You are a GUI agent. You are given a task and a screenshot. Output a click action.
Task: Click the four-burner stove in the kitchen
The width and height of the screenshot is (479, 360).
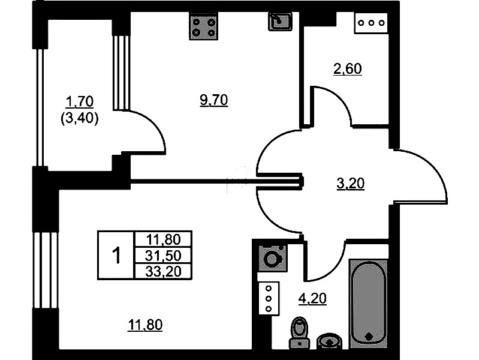(x=204, y=28)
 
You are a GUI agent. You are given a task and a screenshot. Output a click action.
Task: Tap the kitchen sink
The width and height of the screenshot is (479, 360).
(x=280, y=22)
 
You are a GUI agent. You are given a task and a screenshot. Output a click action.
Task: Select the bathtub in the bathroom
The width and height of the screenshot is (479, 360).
(x=369, y=304)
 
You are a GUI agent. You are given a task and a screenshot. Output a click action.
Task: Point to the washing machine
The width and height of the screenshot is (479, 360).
(x=273, y=259)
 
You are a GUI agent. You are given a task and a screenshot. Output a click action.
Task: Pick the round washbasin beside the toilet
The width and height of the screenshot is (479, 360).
(x=329, y=341)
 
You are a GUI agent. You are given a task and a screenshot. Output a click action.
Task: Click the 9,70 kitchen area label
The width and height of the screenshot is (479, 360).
(x=214, y=100)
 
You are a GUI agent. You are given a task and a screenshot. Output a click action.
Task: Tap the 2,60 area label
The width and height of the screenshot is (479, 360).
(x=348, y=69)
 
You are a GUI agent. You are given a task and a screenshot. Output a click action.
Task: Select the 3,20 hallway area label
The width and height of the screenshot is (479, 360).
(x=350, y=184)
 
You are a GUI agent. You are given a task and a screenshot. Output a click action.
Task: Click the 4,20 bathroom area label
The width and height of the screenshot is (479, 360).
(x=312, y=298)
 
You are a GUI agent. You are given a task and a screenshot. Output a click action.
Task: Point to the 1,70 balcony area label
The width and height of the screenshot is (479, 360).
(x=80, y=101)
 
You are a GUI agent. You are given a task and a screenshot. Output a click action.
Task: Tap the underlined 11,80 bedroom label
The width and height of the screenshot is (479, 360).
(x=146, y=325)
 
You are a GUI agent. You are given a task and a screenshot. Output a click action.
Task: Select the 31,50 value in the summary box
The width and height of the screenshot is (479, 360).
(x=163, y=256)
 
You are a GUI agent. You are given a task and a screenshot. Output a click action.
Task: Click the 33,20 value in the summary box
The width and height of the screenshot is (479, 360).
(x=164, y=271)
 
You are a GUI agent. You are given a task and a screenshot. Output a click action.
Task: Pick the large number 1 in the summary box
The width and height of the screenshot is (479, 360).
(x=116, y=256)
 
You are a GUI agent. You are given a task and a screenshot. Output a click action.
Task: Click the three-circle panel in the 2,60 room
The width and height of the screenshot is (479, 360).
(x=371, y=23)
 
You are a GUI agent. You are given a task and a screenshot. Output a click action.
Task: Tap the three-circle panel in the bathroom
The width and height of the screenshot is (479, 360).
(x=269, y=299)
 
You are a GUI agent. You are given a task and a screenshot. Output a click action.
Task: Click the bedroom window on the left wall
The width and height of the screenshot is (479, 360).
(x=45, y=270)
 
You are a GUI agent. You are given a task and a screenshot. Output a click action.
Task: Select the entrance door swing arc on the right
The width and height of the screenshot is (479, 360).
(x=420, y=177)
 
